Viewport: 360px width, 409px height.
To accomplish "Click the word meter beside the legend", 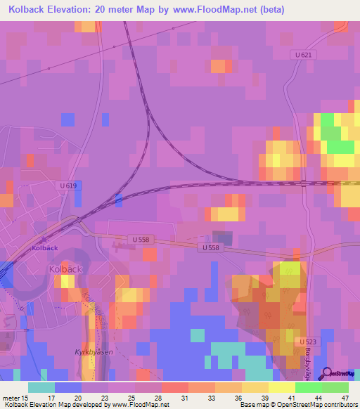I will [11, 398].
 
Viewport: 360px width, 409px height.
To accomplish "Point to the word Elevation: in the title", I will [80, 11].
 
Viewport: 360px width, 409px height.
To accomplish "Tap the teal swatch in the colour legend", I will [41, 387].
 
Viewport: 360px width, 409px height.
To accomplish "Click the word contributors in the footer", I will [340, 405].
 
